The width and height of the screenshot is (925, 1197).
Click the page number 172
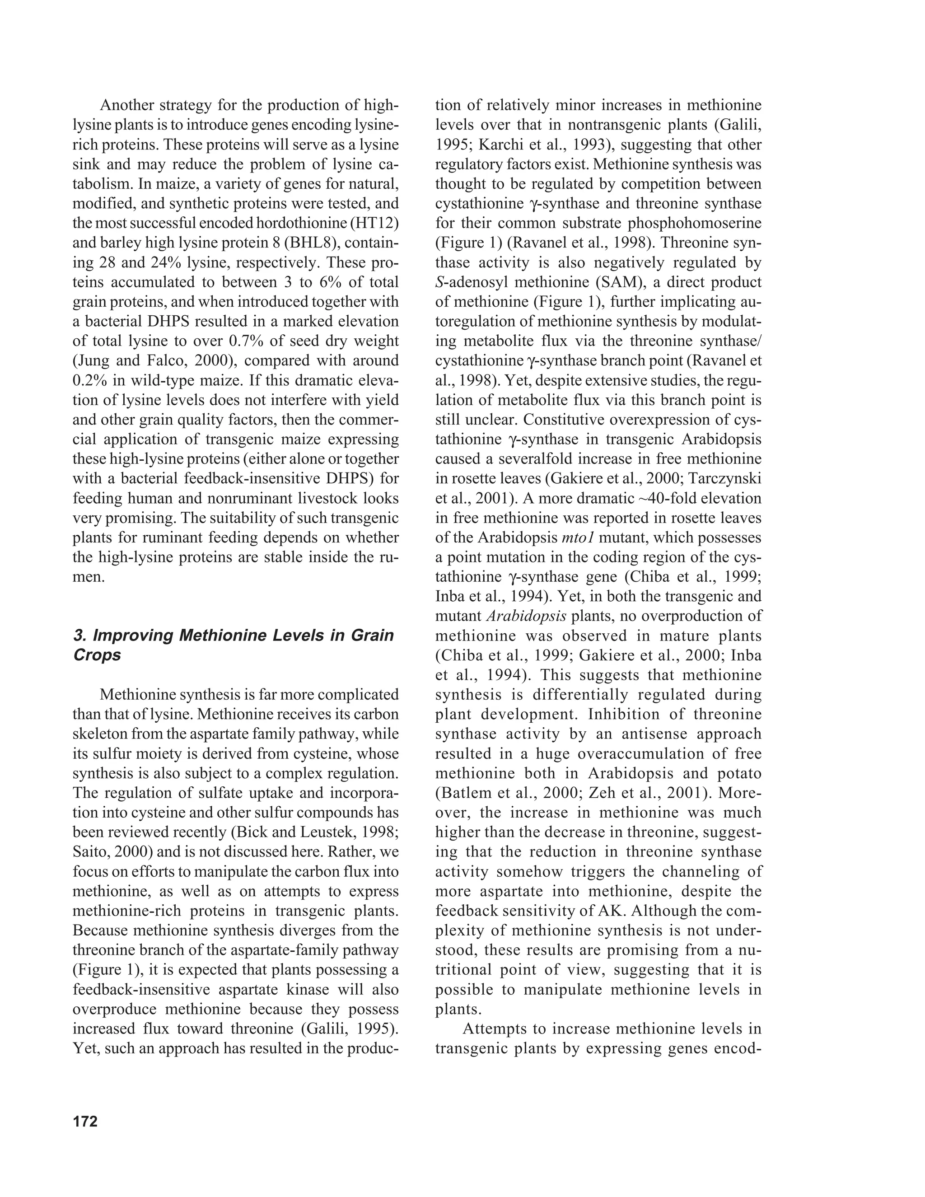(x=85, y=1122)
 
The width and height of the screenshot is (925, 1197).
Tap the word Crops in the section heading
(x=97, y=655)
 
